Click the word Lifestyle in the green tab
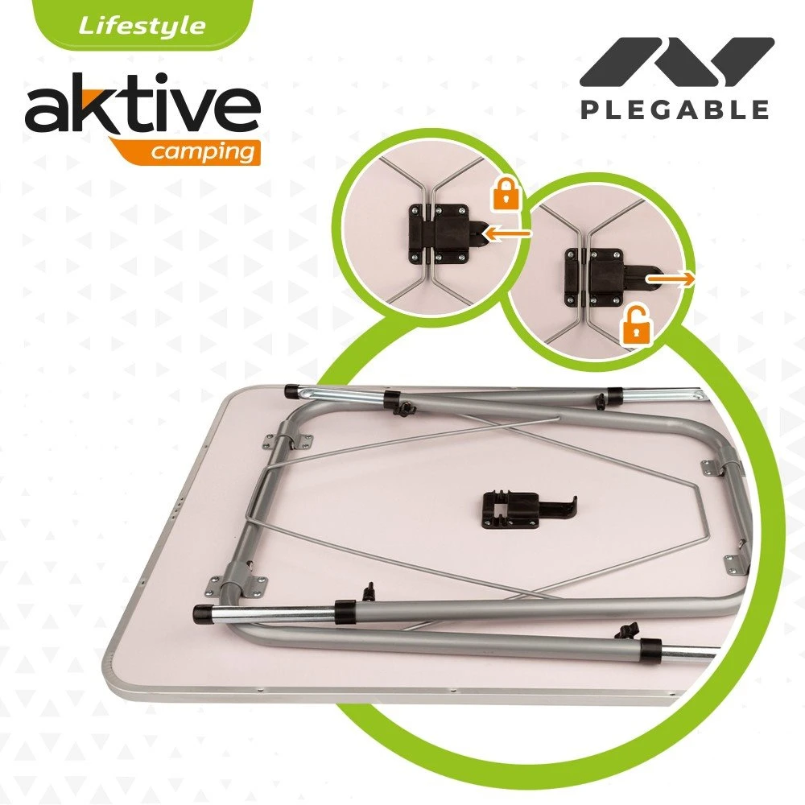pos(141,25)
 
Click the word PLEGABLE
pos(675,109)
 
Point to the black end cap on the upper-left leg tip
pos(290,390)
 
